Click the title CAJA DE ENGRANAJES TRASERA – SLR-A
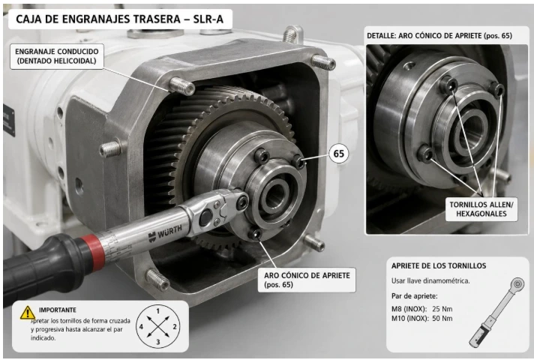[x=120, y=19]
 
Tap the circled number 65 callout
[x=338, y=154]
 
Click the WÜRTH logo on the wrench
[x=165, y=232]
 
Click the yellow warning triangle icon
[x=27, y=313]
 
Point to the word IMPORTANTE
[x=58, y=310]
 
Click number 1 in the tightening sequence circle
[x=158, y=311]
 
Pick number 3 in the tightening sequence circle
[x=158, y=341]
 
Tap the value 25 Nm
[x=442, y=309]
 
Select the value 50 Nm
[x=442, y=319]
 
